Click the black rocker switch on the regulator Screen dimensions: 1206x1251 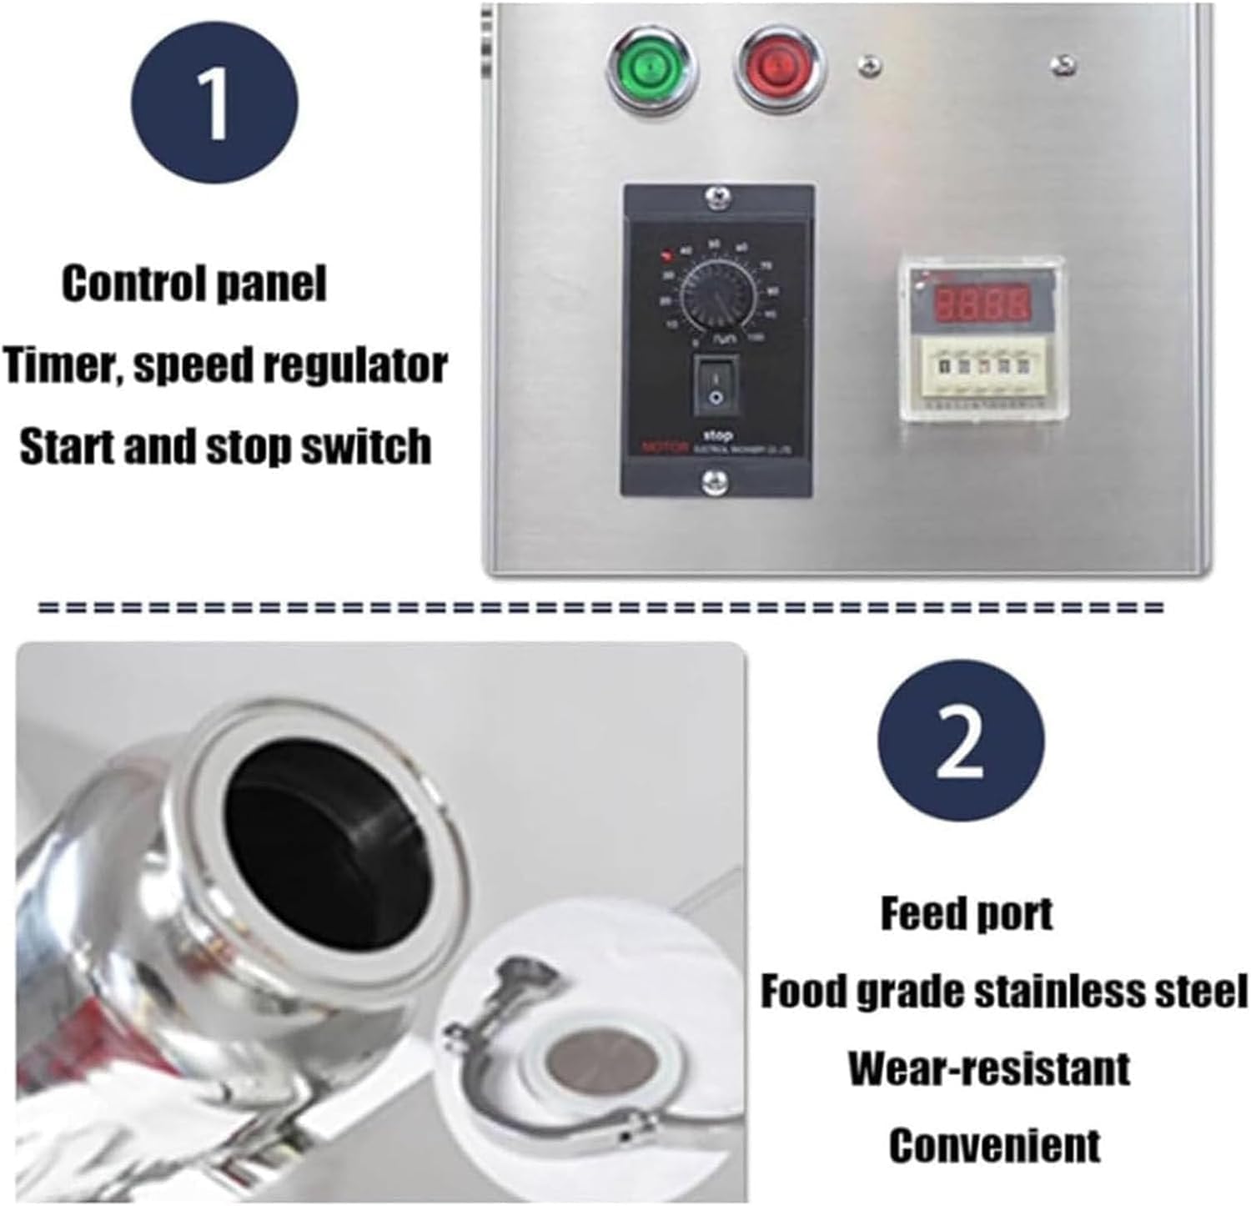pos(715,384)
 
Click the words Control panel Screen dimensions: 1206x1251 pos(193,284)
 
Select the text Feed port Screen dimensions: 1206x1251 pos(967,914)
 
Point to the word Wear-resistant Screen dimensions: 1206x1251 pos(989,1068)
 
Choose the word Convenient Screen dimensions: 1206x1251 pos(994,1145)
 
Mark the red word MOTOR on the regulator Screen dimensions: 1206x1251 pos(664,447)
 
